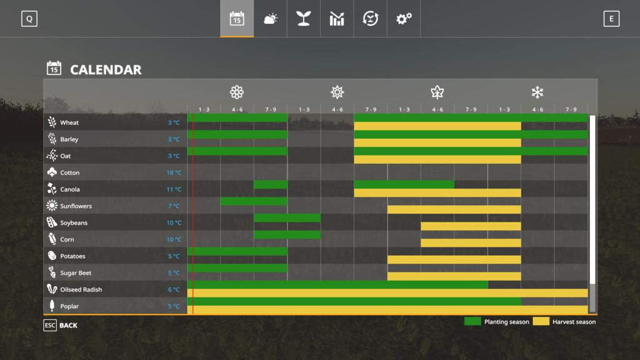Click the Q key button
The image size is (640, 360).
coord(29,19)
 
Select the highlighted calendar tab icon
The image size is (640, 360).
coord(237,19)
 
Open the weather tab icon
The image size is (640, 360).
coord(270,19)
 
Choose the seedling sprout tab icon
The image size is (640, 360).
coord(304,19)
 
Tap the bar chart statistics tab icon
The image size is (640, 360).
coord(337,19)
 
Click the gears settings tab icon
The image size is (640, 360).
coord(404,19)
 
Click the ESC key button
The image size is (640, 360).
coord(50,325)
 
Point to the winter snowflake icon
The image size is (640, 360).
coord(537,92)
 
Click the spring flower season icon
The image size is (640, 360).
coord(237,92)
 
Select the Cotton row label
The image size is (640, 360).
coord(70,172)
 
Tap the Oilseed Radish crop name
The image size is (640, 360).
coord(81,289)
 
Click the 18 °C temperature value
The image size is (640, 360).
coord(174,172)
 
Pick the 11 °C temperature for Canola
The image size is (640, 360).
coord(174,189)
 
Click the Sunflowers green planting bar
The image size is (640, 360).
coord(254,201)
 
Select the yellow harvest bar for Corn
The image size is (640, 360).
coord(471,243)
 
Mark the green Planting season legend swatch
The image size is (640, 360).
coord(472,321)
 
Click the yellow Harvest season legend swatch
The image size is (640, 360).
coord(541,321)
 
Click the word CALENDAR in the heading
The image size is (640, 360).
coord(106,69)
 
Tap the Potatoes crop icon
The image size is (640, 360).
coord(51,256)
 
